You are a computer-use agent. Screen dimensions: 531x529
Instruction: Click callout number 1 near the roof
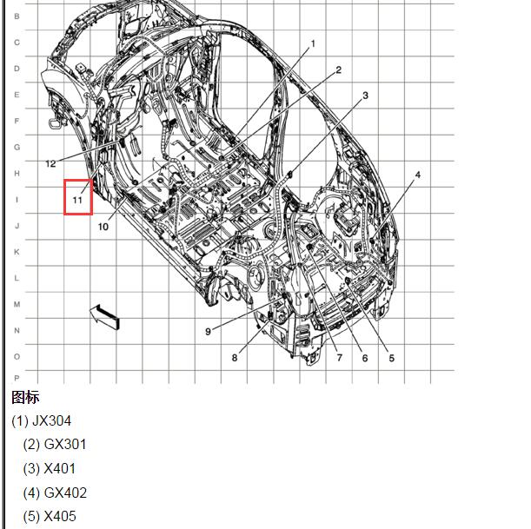pos(313,43)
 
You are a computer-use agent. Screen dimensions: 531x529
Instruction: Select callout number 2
pos(339,69)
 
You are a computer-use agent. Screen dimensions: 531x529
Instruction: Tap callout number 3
pos(365,96)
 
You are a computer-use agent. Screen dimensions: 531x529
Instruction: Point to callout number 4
pos(417,175)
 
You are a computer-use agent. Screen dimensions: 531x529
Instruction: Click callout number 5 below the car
pos(391,358)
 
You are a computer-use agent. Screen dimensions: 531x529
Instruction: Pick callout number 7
pos(339,357)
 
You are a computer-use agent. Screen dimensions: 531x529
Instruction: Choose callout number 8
pos(235,357)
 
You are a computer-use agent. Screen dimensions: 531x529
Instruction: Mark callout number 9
pos(208,331)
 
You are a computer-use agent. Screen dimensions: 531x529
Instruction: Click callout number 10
pos(103,227)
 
